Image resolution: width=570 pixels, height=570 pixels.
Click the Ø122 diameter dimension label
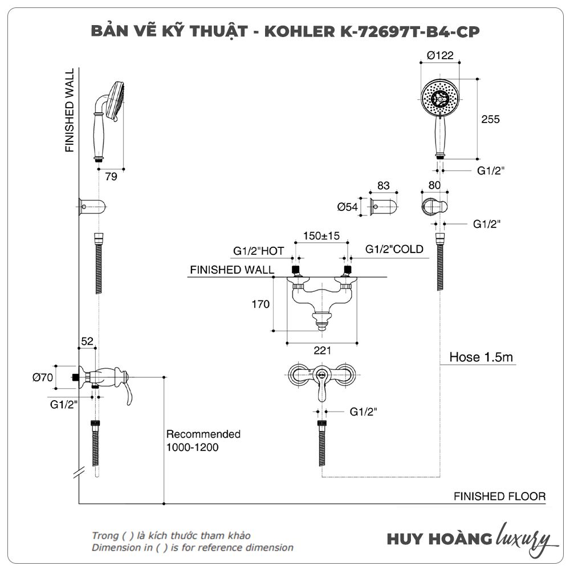point(440,55)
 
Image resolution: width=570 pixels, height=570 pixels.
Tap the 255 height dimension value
point(490,119)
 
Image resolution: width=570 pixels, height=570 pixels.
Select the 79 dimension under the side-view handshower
point(111,177)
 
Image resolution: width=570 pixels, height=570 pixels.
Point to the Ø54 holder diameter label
point(347,207)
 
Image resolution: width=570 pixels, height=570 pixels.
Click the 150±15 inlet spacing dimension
point(321,236)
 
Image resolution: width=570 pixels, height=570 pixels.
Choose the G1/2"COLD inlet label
point(394,249)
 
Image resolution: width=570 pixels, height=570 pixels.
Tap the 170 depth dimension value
point(260,304)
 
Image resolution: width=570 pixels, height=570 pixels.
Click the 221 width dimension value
point(323,351)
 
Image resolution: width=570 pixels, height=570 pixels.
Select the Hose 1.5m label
point(481,358)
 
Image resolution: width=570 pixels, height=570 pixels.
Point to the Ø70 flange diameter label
point(43,377)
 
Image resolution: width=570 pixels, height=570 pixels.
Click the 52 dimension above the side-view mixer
point(87,341)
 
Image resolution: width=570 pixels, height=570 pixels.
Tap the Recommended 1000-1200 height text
point(203,441)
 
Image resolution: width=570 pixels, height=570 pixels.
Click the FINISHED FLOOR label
point(499,496)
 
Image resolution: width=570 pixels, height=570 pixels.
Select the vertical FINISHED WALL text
point(70,111)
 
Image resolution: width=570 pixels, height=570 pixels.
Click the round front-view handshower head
point(439,97)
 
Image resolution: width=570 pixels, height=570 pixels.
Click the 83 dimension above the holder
point(383,185)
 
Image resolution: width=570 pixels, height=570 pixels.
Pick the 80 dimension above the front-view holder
point(434,185)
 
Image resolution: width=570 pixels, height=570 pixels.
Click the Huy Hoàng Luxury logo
point(469,539)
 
